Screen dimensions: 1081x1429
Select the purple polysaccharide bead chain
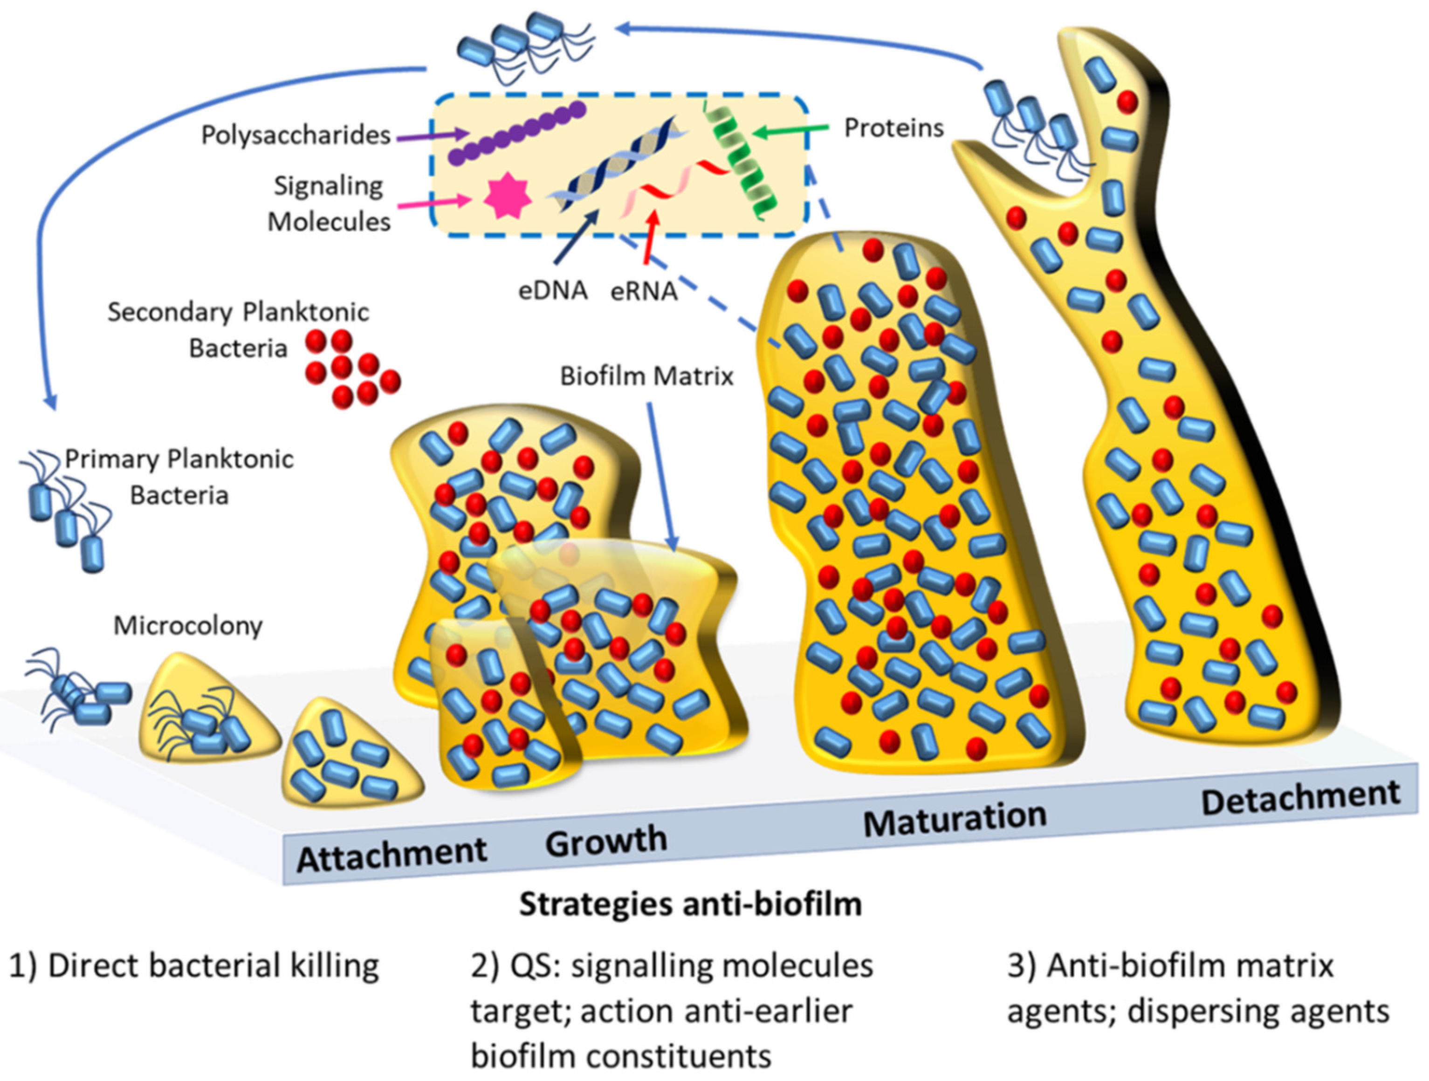tap(517, 132)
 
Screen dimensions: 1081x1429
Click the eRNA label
tap(644, 291)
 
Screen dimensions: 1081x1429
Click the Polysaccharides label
tap(296, 135)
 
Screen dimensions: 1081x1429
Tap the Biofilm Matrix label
tap(646, 376)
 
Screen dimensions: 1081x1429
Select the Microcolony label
tap(188, 625)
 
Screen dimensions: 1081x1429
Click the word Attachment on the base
tap(392, 855)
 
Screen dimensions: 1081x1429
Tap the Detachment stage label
tap(1300, 798)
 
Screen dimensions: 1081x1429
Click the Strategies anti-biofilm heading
tap(690, 904)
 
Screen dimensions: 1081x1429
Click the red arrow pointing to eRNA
tap(650, 239)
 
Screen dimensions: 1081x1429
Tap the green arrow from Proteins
tap(791, 131)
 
